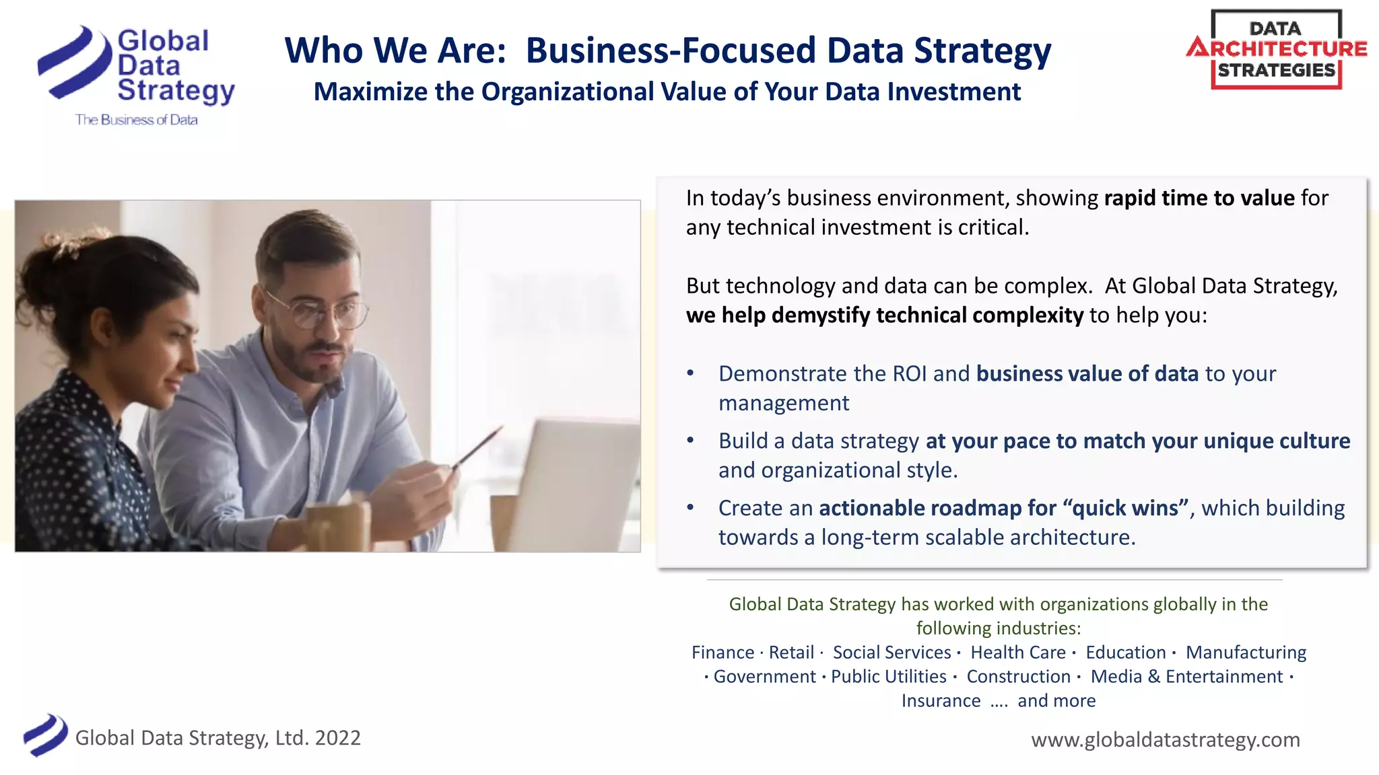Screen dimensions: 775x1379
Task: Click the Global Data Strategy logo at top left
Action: tap(135, 67)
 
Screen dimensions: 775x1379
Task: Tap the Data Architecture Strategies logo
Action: tap(1276, 50)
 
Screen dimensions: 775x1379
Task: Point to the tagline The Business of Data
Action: tap(137, 120)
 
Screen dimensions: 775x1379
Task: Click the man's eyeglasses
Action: tap(316, 310)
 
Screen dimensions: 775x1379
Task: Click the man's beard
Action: tap(316, 363)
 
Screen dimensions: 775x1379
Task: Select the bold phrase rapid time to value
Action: tap(1199, 198)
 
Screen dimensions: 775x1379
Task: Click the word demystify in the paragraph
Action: tap(821, 315)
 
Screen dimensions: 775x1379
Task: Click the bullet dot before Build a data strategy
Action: tap(690, 441)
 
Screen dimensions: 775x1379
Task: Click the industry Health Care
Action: tap(1018, 653)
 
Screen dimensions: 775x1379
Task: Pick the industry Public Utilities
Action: tap(889, 677)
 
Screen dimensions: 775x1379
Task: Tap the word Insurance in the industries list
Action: tap(941, 701)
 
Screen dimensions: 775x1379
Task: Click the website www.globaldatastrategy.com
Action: tap(1166, 739)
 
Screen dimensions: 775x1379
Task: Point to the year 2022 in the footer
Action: tap(338, 738)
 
